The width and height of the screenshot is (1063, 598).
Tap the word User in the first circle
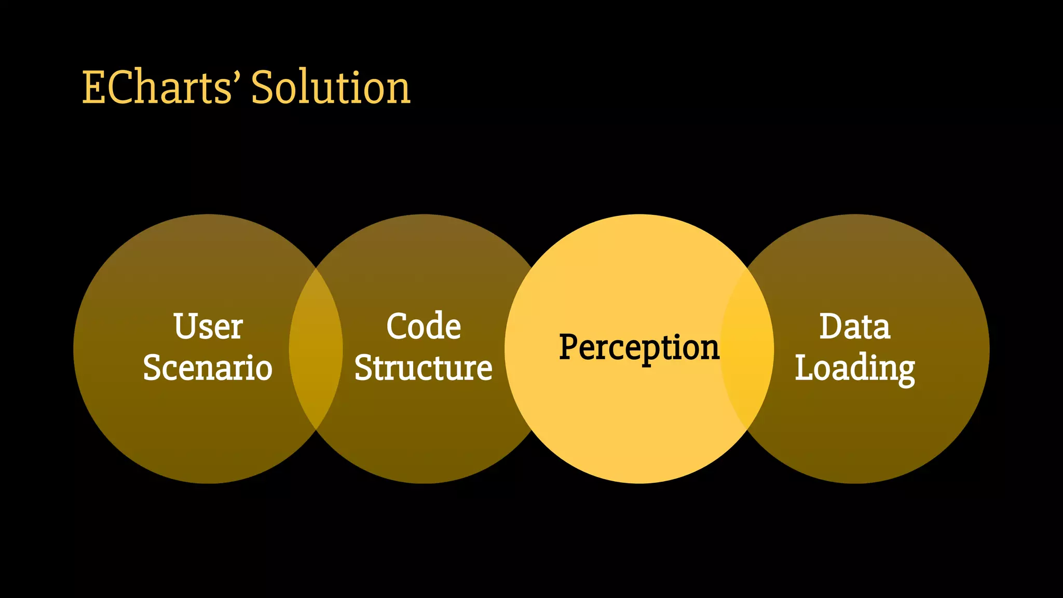pos(208,327)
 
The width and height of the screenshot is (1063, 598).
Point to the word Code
pos(424,327)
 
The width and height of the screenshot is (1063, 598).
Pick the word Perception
pos(639,347)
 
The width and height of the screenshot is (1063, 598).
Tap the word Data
pos(855,327)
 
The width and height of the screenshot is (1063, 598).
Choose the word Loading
pos(855,369)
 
